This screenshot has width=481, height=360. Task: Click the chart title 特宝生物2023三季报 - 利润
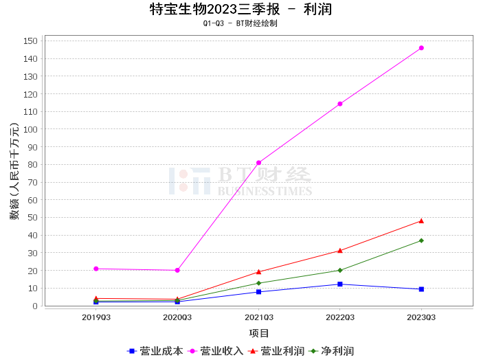(240, 9)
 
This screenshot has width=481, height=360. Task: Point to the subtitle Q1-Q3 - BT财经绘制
(240, 23)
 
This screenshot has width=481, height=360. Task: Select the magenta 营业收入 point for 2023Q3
(421, 48)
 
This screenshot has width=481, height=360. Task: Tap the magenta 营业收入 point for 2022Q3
(340, 104)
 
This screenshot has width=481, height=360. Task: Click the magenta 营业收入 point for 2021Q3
(258, 163)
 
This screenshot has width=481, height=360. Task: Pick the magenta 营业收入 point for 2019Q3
(96, 269)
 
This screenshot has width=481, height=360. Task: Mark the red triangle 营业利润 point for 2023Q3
(421, 221)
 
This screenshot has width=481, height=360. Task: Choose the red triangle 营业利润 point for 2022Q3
(340, 250)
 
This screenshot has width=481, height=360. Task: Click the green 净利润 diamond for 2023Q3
(421, 240)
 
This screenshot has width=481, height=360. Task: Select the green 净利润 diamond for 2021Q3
(258, 283)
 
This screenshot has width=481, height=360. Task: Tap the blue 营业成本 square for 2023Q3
(421, 289)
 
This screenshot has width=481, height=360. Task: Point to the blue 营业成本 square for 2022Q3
(340, 284)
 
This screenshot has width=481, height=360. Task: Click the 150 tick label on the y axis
(30, 41)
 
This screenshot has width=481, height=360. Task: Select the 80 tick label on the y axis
(32, 164)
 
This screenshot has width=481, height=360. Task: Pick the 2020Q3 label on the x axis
(177, 317)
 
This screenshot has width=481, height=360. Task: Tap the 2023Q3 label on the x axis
(421, 317)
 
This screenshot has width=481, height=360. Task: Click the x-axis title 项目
(259, 333)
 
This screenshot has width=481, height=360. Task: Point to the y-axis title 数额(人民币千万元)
(14, 172)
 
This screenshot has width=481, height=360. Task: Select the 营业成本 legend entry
(155, 351)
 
